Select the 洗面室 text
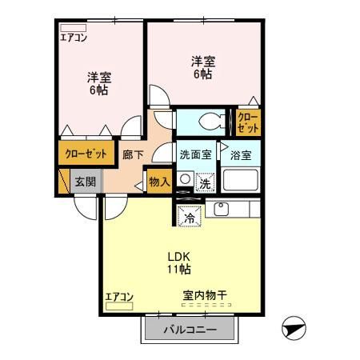195,156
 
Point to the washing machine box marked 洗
205,182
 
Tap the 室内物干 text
205,296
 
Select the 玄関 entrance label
84,182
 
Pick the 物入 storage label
159,182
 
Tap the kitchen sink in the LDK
220,210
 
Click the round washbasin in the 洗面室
185,180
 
